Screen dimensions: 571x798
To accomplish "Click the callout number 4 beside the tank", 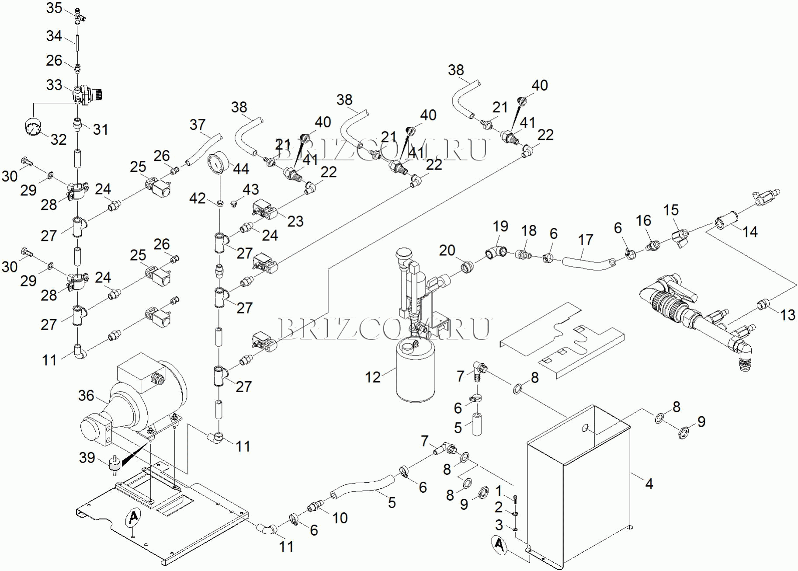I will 649,484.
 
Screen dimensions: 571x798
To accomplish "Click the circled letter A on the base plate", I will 133,517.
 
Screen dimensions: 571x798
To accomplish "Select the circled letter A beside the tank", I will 499,545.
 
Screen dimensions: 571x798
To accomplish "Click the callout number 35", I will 54,8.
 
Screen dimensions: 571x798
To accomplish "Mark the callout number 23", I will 295,221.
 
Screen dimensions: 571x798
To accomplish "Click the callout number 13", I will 788,315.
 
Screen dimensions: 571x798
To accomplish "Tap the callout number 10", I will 340,518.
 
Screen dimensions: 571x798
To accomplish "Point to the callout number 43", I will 250,189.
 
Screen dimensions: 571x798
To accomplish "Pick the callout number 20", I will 447,251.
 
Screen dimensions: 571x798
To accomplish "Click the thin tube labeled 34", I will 77,44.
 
